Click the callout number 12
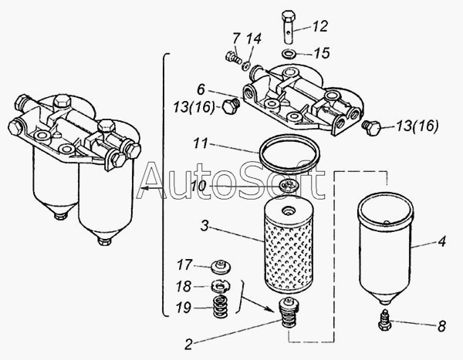click(x=319, y=26)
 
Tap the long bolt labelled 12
click(x=289, y=26)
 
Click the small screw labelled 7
click(x=233, y=57)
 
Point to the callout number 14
click(x=254, y=39)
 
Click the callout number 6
click(x=201, y=89)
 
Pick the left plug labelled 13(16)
click(x=230, y=106)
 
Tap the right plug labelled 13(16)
click(x=371, y=127)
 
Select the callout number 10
click(x=198, y=187)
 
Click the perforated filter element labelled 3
click(x=287, y=245)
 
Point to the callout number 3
click(x=204, y=226)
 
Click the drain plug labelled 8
click(x=384, y=320)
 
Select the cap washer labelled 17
click(x=221, y=267)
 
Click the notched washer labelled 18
click(x=221, y=286)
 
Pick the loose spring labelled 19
click(x=221, y=307)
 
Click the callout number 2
click(x=188, y=344)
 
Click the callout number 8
click(x=441, y=326)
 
